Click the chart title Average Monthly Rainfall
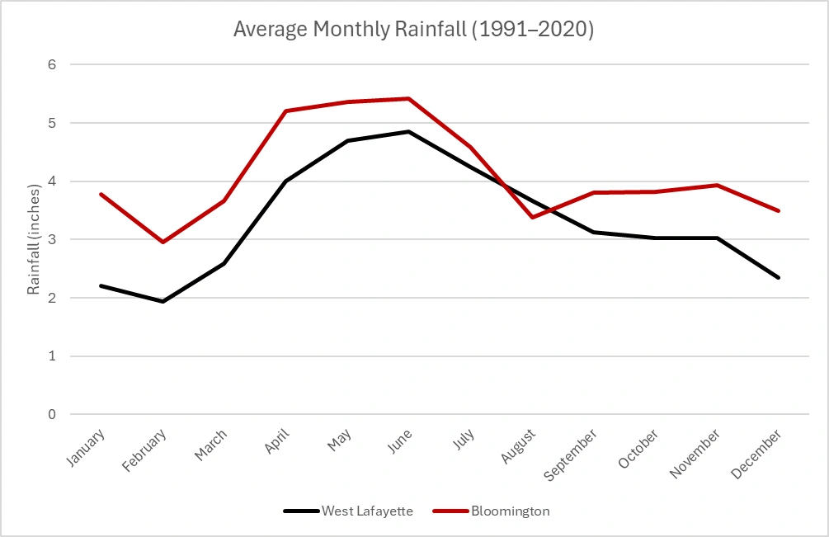[413, 29]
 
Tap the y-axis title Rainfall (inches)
[34, 239]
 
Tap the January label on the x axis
[87, 446]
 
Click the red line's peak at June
[408, 98]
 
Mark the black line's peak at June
[408, 131]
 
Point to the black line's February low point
[163, 301]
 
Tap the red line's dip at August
[531, 217]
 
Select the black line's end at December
[778, 277]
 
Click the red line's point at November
[717, 185]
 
